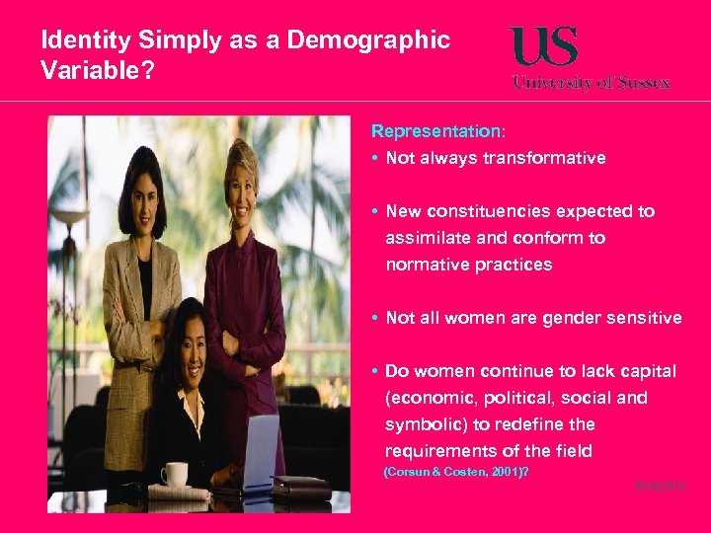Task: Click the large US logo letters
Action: coord(544,46)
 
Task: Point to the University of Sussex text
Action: coord(591,83)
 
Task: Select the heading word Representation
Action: coord(435,131)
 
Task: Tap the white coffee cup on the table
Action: coord(175,474)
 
